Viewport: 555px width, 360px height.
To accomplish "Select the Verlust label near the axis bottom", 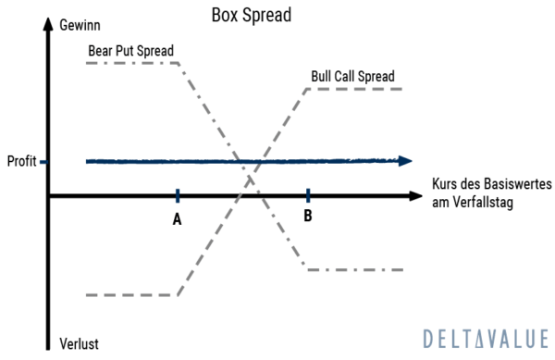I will [x=79, y=343].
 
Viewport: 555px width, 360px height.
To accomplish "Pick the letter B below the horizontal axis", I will [x=308, y=217].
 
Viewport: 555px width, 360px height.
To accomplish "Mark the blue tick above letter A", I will [x=176, y=195].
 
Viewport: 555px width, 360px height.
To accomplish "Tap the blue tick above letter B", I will [x=308, y=195].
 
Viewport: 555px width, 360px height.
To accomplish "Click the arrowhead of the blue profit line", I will [x=405, y=161].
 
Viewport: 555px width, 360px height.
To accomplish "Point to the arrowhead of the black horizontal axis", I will [x=415, y=196].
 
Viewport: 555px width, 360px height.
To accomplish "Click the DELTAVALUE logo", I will [x=485, y=338].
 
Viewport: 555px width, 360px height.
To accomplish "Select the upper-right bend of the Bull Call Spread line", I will [x=307, y=90].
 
